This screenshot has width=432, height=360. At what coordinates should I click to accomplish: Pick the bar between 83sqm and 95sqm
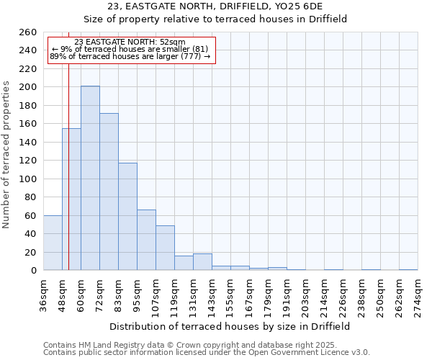[x=127, y=216]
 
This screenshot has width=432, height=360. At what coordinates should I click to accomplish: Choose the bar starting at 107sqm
[x=165, y=248]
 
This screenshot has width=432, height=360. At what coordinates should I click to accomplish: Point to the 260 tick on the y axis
[x=27, y=32]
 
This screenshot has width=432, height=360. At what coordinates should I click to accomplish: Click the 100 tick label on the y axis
[x=27, y=179]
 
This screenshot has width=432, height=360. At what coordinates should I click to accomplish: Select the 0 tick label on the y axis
[x=33, y=271]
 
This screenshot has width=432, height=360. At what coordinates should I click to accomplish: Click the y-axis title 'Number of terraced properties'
[x=6, y=155]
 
